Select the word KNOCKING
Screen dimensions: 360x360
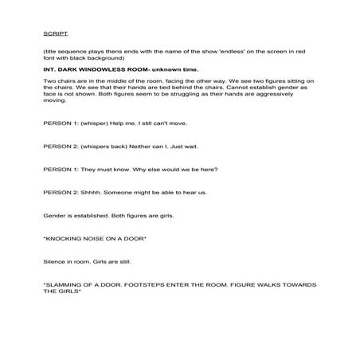pos(71,237)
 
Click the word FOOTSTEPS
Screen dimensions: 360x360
pos(167,284)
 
